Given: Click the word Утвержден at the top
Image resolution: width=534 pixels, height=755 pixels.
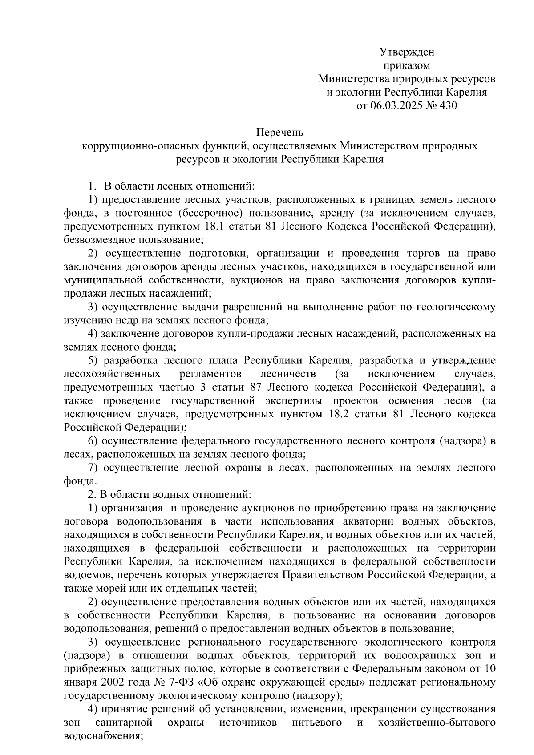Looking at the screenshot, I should click(x=407, y=52).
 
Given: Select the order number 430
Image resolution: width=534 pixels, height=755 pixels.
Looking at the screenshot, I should click(x=448, y=106).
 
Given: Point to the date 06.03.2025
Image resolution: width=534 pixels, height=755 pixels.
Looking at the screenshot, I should click(x=392, y=106).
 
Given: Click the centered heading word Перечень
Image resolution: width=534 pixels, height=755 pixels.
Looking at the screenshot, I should click(x=279, y=132).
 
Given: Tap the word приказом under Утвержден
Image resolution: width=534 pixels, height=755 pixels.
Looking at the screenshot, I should click(x=407, y=65).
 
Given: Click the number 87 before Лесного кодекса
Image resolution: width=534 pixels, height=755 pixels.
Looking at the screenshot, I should click(x=258, y=387).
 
